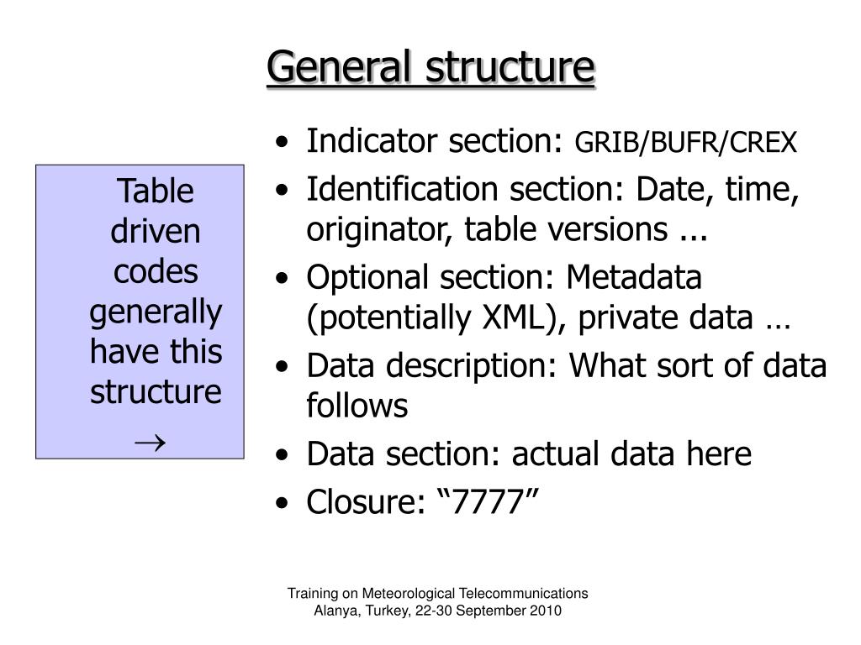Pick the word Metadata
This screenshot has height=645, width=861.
634,277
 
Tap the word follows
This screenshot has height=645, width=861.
357,406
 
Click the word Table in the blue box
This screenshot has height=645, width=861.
156,191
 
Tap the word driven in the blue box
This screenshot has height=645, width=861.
156,231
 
